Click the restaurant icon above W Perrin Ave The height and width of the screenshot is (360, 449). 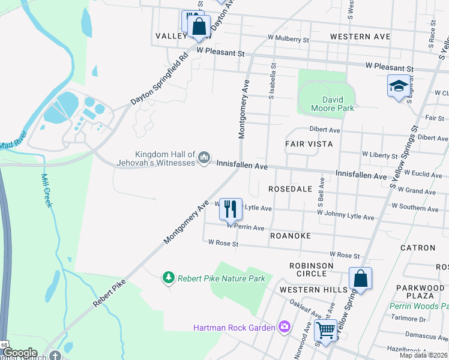pyautogui.click(x=231, y=209)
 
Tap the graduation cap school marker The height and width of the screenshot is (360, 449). pyautogui.click(x=399, y=86)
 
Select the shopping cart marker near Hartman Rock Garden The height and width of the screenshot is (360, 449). pyautogui.click(x=325, y=330)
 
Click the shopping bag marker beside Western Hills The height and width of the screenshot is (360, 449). pyautogui.click(x=360, y=278)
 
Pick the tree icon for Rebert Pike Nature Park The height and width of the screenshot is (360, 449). pyautogui.click(x=169, y=277)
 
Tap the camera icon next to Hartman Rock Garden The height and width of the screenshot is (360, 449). pyautogui.click(x=284, y=327)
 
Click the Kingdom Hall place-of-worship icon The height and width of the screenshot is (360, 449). pyautogui.click(x=204, y=158)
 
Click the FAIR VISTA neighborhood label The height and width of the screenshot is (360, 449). pyautogui.click(x=309, y=145)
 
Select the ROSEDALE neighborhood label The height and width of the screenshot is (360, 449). pyautogui.click(x=290, y=188)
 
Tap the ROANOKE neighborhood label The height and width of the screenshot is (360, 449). pyautogui.click(x=290, y=236)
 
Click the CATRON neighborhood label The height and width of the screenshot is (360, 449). pyautogui.click(x=418, y=247)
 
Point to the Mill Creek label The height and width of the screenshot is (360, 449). pyautogui.click(x=46, y=191)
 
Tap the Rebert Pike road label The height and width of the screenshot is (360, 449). pyautogui.click(x=109, y=293)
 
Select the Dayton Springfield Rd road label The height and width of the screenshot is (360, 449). pyautogui.click(x=160, y=78)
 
